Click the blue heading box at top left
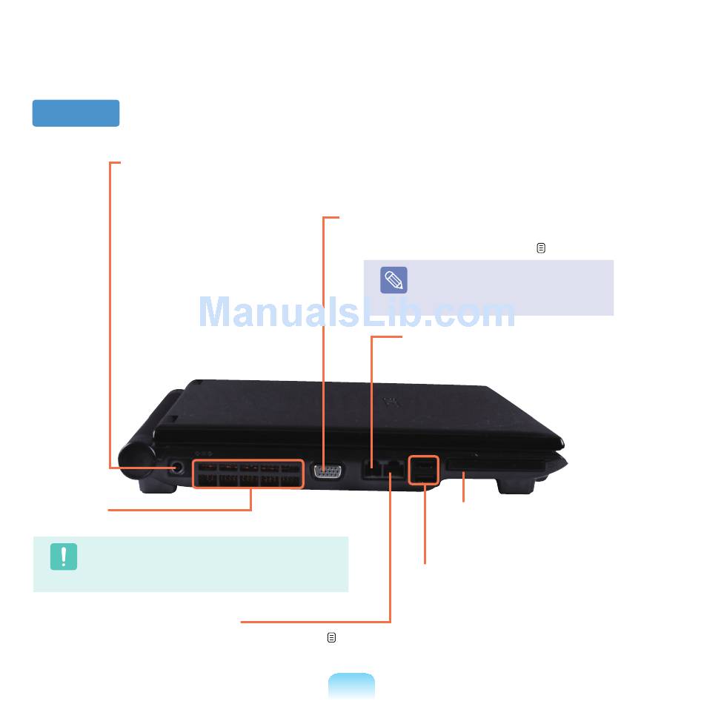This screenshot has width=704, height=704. [x=76, y=113]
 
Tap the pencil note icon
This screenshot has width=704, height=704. [x=393, y=280]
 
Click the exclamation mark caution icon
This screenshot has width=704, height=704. [x=64, y=557]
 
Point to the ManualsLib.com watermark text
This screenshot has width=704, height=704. [x=356, y=313]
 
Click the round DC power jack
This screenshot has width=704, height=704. [x=177, y=468]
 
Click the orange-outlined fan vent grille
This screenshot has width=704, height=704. [x=248, y=474]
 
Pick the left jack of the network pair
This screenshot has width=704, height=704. [x=371, y=470]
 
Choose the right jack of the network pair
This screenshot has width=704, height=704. [x=392, y=470]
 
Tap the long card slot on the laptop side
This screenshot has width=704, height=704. [x=495, y=465]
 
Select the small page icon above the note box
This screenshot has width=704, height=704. [x=541, y=249]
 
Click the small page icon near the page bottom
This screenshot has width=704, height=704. [x=331, y=637]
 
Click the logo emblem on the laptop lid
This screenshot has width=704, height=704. [x=391, y=402]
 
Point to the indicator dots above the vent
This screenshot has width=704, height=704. [x=204, y=454]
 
